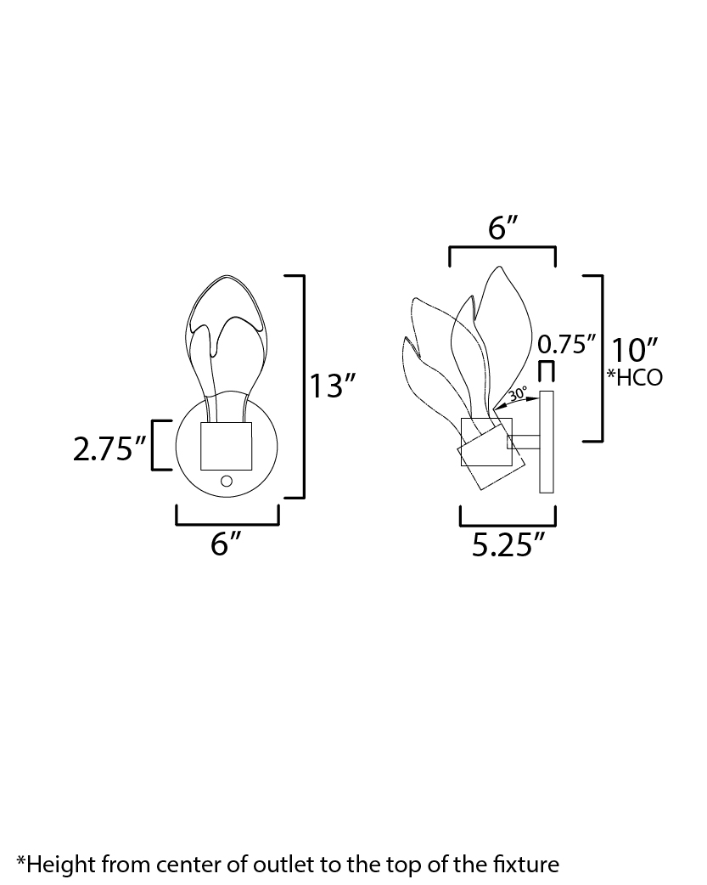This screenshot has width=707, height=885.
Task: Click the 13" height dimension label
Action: pyautogui.click(x=331, y=386)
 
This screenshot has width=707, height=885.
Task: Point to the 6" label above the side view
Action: pyautogui.click(x=502, y=228)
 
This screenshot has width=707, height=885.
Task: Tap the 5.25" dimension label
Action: pyautogui.click(x=508, y=546)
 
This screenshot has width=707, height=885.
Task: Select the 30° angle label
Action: pyautogui.click(x=519, y=394)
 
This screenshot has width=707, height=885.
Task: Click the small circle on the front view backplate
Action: pyautogui.click(x=226, y=482)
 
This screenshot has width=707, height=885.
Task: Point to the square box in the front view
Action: pyautogui.click(x=227, y=447)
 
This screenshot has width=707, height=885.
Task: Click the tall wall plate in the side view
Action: pyautogui.click(x=547, y=442)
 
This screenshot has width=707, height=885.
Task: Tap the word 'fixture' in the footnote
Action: pyautogui.click(x=527, y=865)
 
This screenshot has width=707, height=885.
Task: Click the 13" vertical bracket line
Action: pyautogui.click(x=302, y=386)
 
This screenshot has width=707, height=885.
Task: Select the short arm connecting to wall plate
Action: pyautogui.click(x=525, y=441)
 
